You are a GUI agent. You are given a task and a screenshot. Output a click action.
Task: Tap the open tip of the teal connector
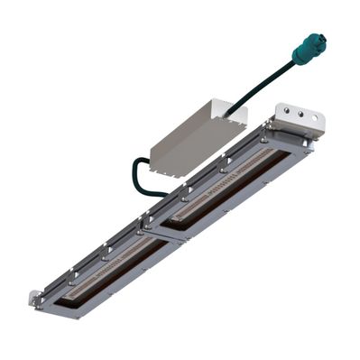(318, 40)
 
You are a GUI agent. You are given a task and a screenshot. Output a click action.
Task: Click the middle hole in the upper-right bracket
(300, 115)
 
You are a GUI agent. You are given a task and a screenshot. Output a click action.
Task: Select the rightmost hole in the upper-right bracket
(315, 118)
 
